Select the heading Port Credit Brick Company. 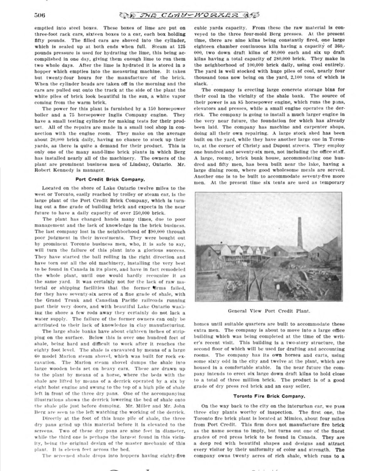pyautogui.click(x=110, y=179)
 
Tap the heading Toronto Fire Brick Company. pyautogui.click(x=269, y=396)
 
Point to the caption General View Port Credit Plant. pyautogui.click(x=269, y=311)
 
